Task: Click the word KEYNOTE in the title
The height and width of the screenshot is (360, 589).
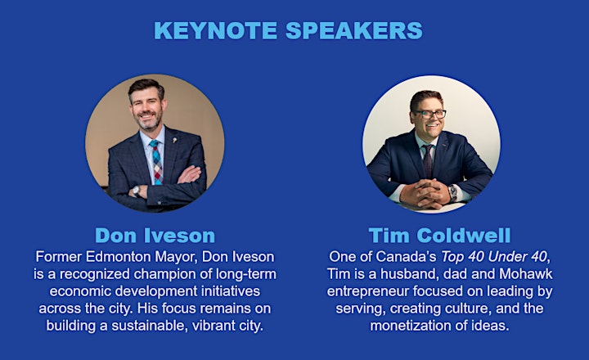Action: (x=216, y=30)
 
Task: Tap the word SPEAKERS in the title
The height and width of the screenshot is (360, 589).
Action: (x=354, y=30)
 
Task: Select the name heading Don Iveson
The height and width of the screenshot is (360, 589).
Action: (x=155, y=236)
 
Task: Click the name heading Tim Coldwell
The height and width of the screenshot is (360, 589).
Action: (x=439, y=236)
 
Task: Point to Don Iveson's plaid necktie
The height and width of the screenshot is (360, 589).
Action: (x=156, y=161)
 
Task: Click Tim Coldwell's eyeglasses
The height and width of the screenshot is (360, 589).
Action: (x=429, y=114)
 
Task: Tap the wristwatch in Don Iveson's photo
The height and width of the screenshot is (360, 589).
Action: (x=136, y=191)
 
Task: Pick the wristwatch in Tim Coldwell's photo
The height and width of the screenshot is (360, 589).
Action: (x=453, y=192)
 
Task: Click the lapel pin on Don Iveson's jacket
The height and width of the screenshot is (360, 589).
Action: (x=174, y=141)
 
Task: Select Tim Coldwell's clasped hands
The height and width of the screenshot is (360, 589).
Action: (x=425, y=193)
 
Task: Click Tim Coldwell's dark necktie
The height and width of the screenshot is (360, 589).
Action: (x=428, y=161)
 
